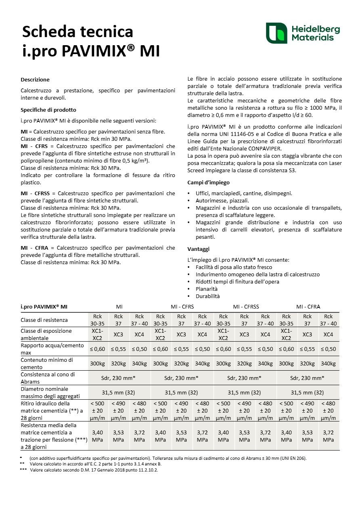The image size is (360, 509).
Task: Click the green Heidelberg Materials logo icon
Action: tap(276, 33)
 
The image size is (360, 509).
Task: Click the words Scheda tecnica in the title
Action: tap(77, 31)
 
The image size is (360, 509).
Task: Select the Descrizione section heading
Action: tap(35, 80)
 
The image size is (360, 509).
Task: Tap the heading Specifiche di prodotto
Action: tap(48, 110)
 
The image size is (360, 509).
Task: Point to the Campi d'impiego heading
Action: tap(208, 182)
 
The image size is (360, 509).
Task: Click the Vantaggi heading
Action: tap(198, 249)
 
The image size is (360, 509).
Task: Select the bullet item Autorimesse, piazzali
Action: tap(222, 200)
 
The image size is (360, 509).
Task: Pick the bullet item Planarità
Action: tap(207, 289)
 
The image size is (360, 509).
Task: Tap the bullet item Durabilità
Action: tap(207, 296)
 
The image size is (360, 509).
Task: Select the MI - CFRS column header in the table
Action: tap(182, 307)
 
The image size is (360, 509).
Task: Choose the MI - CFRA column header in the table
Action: tap(308, 307)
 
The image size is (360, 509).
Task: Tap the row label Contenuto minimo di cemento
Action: tap(47, 363)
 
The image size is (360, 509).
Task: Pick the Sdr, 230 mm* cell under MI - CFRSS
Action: tap(245, 378)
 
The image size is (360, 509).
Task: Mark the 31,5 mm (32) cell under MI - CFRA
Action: tap(308, 392)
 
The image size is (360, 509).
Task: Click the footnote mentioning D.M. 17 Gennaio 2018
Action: tap(94, 470)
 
